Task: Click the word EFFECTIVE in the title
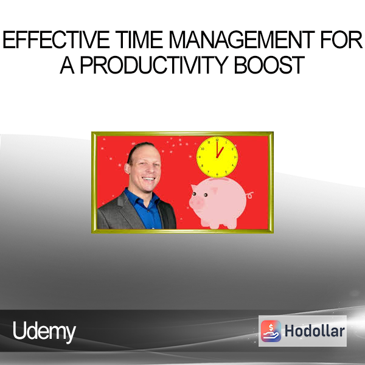(56, 40)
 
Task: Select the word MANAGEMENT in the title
(242, 40)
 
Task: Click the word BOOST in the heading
(269, 64)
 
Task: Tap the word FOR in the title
(341, 40)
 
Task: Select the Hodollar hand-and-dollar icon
(271, 331)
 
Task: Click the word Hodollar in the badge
(315, 331)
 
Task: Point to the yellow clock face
(217, 157)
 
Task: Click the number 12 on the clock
(217, 140)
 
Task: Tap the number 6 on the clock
(217, 174)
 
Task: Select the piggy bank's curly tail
(249, 195)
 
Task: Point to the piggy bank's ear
(195, 187)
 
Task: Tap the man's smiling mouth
(148, 179)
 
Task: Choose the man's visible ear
(127, 168)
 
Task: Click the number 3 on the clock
(235, 158)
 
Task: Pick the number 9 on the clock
(200, 157)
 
